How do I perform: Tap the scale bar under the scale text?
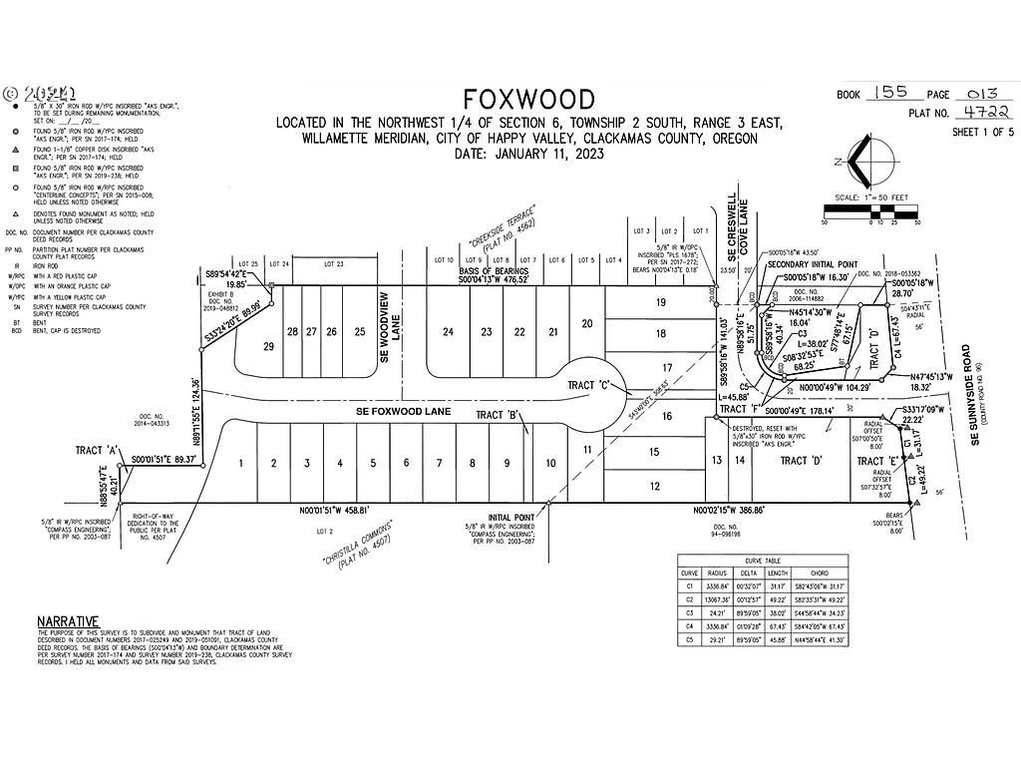[x=869, y=211]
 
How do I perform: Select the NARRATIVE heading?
[x=69, y=620]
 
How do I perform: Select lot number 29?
[x=267, y=346]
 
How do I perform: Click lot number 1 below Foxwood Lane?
[x=240, y=463]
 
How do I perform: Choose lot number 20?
[x=587, y=322]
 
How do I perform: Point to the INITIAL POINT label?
[x=510, y=518]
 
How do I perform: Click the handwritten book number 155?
[x=885, y=92]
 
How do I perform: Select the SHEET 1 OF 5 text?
[x=982, y=132]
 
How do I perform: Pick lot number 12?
[x=654, y=486]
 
